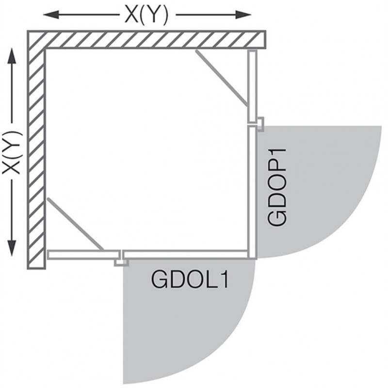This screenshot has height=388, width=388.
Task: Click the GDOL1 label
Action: pyautogui.click(x=190, y=280)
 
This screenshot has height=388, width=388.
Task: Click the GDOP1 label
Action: pyautogui.click(x=277, y=187)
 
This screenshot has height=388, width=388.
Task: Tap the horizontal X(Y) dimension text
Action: pyautogui.click(x=146, y=15)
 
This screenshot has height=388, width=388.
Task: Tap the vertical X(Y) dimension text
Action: pyautogui.click(x=12, y=153)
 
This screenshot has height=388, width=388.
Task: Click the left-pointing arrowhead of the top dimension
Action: pyautogui.click(x=51, y=15)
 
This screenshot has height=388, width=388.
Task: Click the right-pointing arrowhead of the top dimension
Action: pyautogui.click(x=243, y=15)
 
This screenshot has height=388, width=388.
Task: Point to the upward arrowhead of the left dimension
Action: pyautogui.click(x=12, y=56)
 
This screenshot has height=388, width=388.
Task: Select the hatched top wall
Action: pyautogui.click(x=146, y=39)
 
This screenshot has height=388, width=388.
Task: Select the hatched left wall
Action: pyautogui.click(x=36, y=159)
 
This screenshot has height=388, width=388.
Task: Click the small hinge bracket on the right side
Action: pyautogui.click(x=260, y=124)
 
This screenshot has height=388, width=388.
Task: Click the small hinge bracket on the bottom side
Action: pyautogui.click(x=121, y=262)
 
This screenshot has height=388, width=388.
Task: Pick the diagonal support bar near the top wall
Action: pyautogui.click(x=222, y=78)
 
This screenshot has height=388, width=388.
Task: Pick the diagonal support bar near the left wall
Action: pyautogui.click(x=75, y=224)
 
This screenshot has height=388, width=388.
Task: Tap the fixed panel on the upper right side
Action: pyautogui.click(x=252, y=87)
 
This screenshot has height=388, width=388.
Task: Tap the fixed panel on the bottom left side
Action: pyautogui.click(x=83, y=255)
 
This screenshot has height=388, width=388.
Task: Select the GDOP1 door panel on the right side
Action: pyautogui.click(x=252, y=192)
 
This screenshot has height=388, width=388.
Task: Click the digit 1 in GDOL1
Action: pyautogui.click(x=223, y=280)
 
